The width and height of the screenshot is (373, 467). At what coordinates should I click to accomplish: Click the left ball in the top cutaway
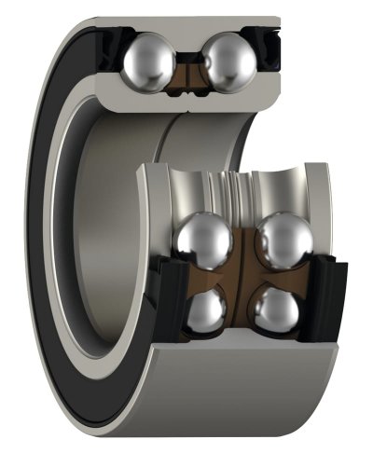coord(148,62)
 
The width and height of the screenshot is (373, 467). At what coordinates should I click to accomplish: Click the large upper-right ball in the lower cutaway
coord(284,240)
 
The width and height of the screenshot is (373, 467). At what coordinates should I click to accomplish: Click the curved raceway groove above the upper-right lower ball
coord(284,191)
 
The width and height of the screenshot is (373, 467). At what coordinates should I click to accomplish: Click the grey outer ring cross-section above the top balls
coord(186,26)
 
